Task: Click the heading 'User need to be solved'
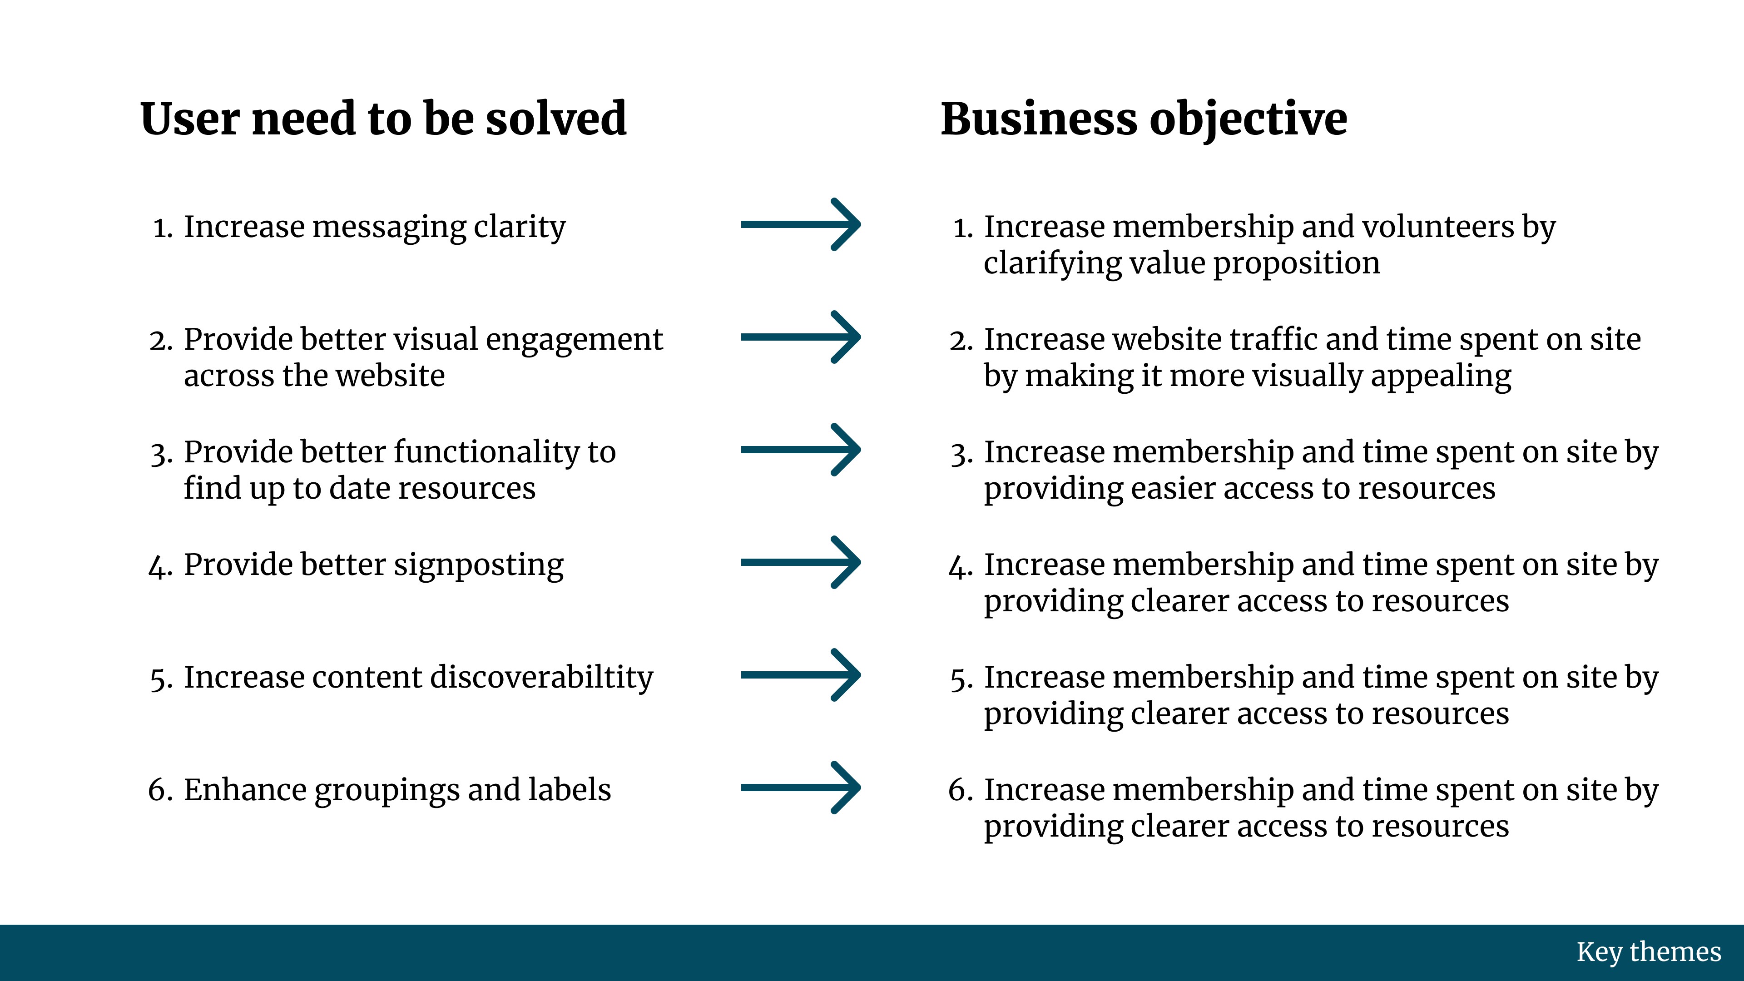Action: coord(383,119)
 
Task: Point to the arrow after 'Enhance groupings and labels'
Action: coord(801,788)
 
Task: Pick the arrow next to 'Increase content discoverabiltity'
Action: coord(801,675)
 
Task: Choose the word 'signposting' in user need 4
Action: coord(479,566)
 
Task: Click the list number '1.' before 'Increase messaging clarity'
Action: coord(163,228)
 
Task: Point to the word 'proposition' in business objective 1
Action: coord(1297,264)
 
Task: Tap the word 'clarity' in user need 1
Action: coord(519,228)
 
